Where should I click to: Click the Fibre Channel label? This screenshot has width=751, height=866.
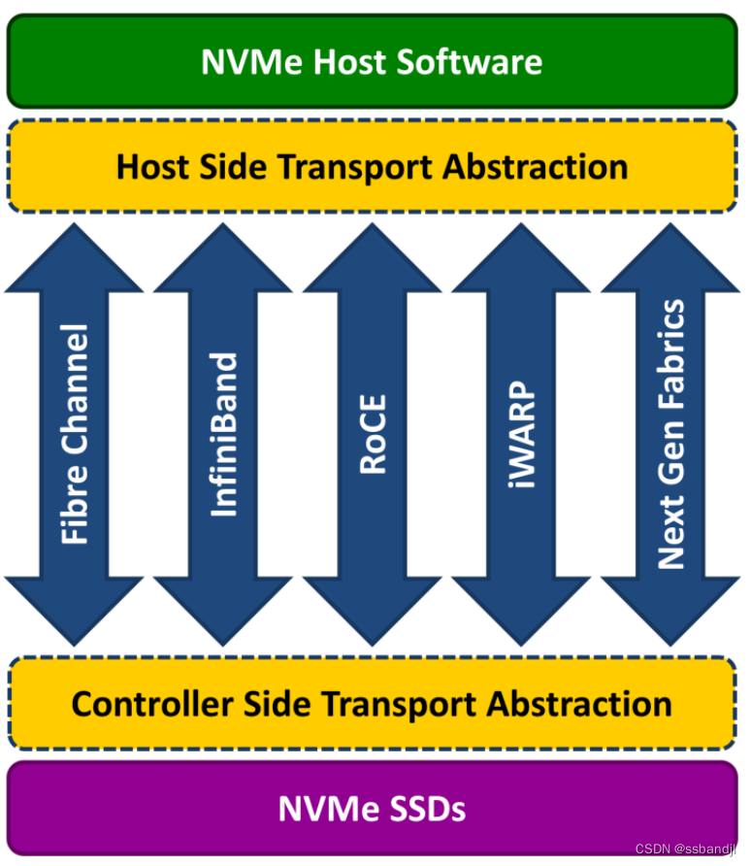point(75,434)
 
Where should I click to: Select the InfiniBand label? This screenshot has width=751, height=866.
point(224,434)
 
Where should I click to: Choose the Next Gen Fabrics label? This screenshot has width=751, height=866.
point(670,434)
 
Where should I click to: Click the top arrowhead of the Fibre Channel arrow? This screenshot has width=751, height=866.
point(75,257)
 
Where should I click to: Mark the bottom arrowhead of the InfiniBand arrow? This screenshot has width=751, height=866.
point(224,612)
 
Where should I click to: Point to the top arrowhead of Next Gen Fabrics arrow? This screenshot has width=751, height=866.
point(670,257)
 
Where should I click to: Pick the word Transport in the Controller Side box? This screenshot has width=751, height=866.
point(420,703)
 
